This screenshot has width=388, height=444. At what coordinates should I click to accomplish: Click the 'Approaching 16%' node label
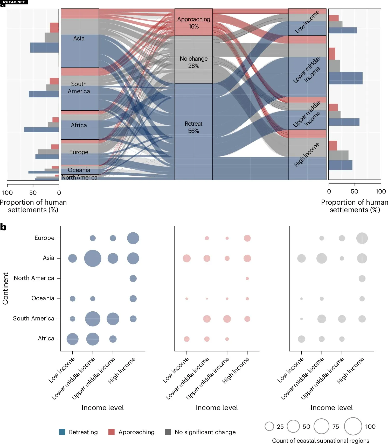(193, 23)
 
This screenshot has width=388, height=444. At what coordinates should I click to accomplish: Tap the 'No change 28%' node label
(193, 62)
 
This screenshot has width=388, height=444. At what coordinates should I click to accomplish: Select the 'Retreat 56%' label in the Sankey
(193, 127)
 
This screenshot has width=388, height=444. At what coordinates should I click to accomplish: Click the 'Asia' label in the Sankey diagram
(79, 39)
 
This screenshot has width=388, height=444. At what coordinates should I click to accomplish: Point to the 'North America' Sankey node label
(79, 177)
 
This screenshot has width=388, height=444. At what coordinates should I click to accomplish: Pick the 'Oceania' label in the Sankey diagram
(79, 170)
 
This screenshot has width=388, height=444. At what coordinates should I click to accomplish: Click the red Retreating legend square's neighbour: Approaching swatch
(112, 432)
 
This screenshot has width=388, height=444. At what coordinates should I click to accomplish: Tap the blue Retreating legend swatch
(62, 432)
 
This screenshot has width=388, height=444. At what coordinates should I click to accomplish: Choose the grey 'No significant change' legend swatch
(168, 432)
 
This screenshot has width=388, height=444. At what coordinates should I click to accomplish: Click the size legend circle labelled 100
(353, 426)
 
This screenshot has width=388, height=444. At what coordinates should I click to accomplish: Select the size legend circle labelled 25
(269, 426)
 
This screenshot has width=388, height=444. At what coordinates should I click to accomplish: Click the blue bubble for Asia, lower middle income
(93, 258)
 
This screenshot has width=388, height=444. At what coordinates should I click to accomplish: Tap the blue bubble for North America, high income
(133, 278)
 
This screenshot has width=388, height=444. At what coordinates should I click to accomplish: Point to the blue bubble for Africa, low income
(72, 339)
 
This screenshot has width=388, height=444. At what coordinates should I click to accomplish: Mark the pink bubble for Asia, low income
(187, 258)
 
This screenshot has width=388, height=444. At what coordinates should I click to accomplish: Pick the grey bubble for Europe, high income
(362, 238)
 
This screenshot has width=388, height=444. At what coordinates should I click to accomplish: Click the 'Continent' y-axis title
(5, 288)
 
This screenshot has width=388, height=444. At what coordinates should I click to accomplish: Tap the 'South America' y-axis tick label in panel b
(34, 318)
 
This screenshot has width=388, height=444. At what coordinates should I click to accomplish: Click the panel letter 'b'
(3, 227)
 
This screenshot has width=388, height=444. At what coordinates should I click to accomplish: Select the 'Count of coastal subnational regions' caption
(321, 441)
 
